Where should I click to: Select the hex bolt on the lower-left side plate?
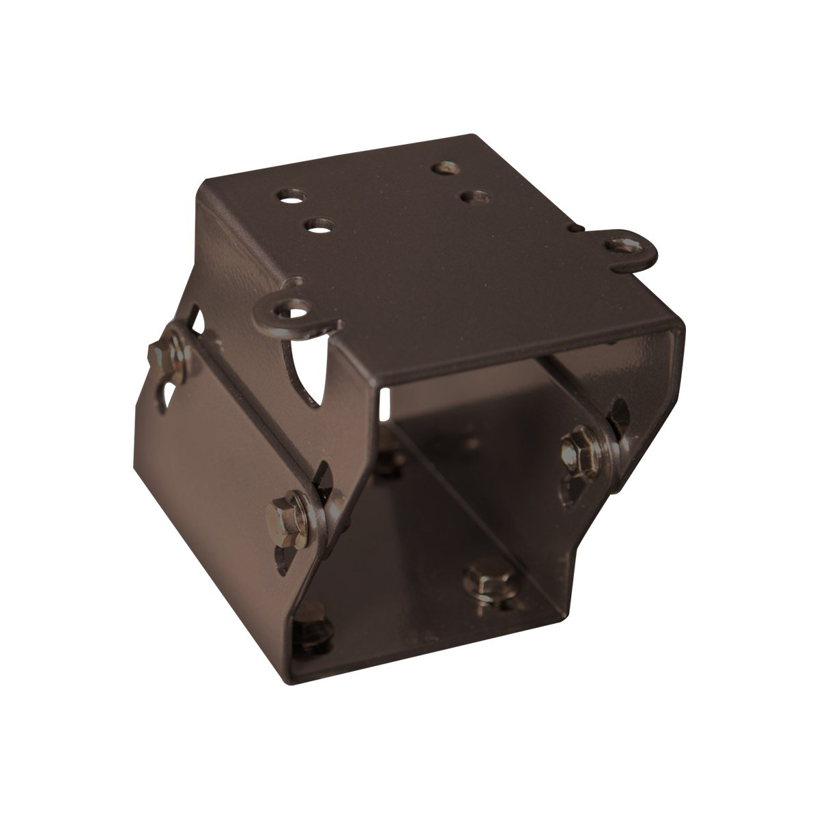[x=283, y=511]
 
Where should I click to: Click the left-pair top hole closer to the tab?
[x=316, y=225]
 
